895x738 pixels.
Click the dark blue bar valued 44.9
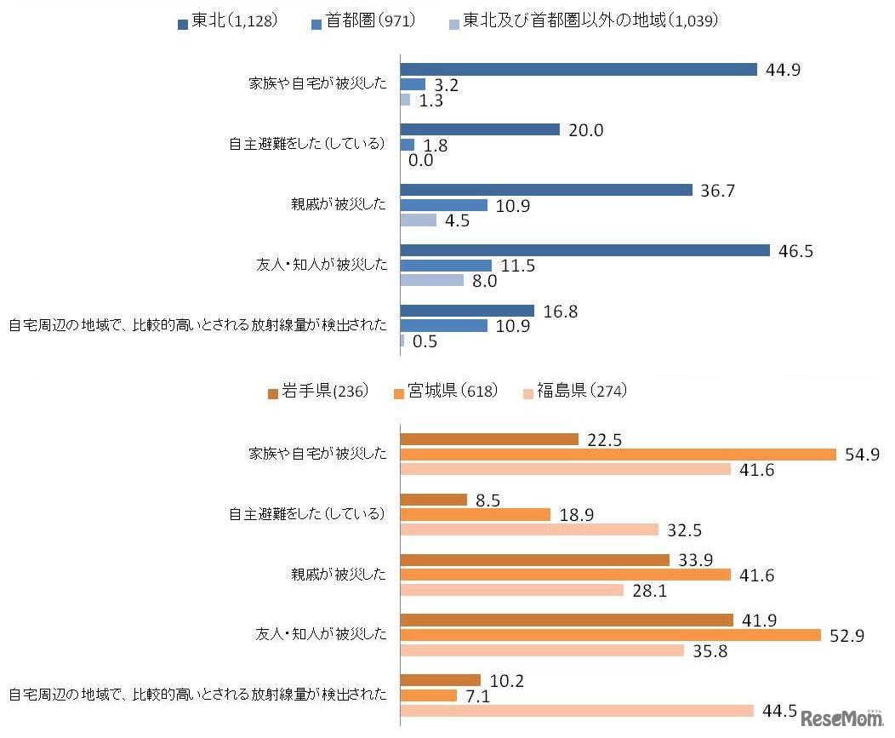[579, 69]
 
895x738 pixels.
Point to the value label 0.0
[421, 160]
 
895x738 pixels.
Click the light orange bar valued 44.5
[576, 711]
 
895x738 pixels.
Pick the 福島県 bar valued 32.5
[529, 529]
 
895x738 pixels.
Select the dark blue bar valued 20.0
[480, 129]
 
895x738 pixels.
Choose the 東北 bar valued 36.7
[546, 190]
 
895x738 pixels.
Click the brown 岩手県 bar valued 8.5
[433, 499]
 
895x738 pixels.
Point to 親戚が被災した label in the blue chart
[339, 205]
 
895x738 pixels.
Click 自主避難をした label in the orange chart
[307, 514]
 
